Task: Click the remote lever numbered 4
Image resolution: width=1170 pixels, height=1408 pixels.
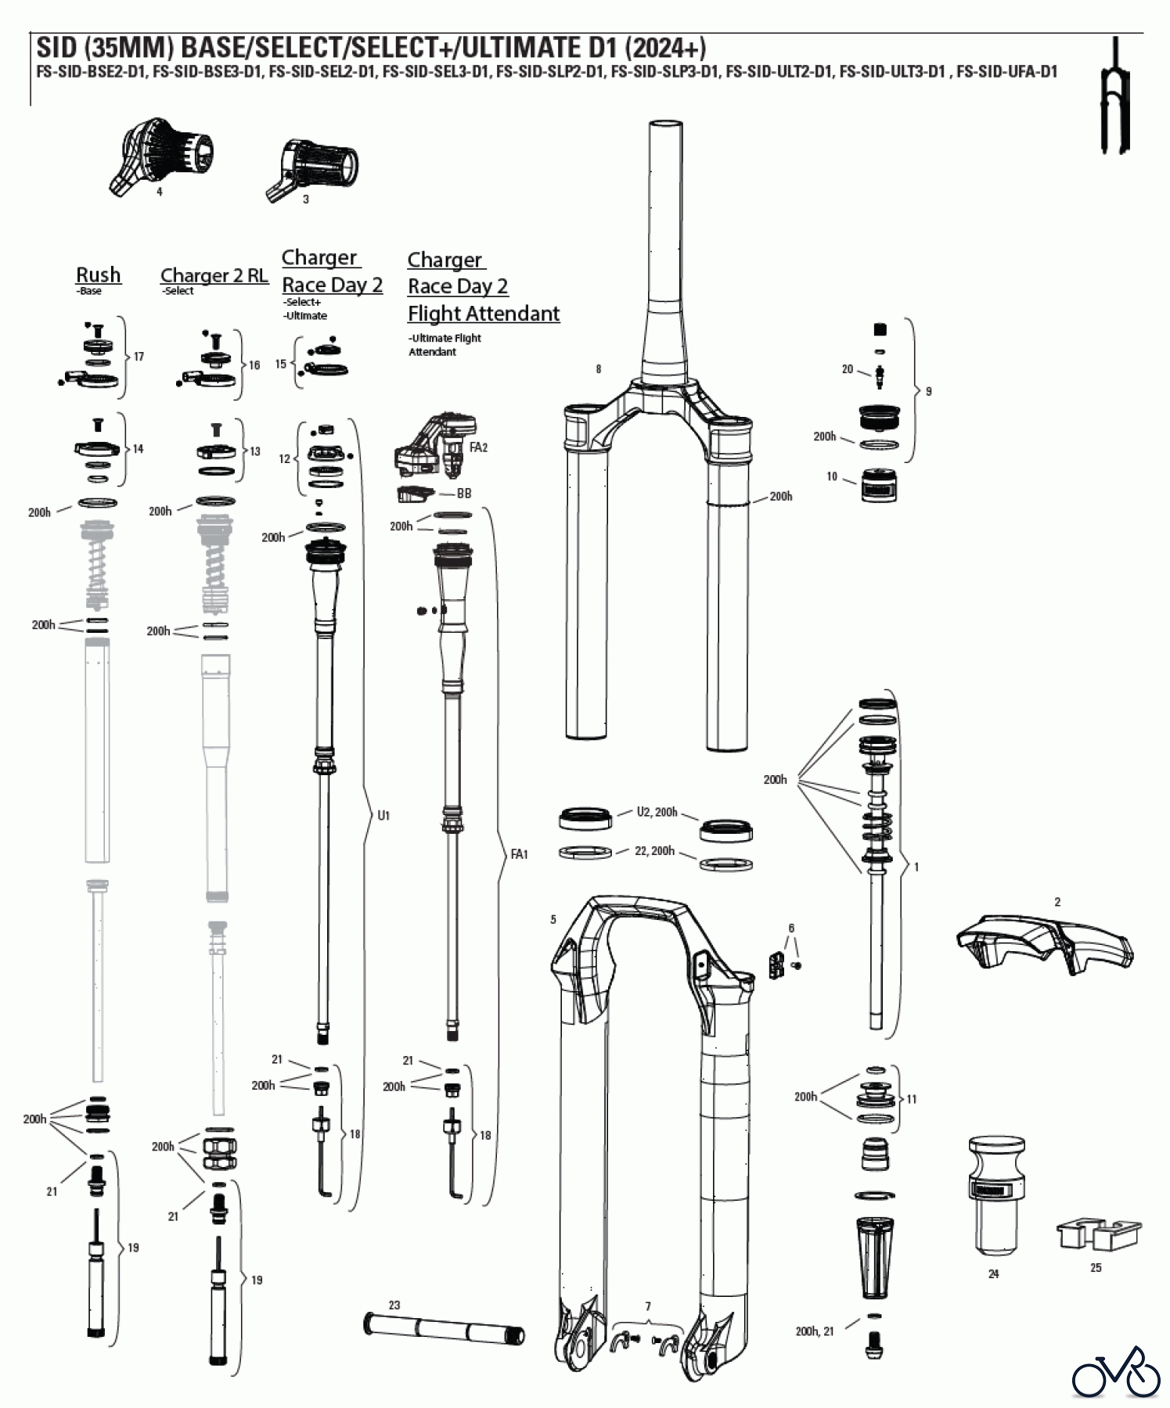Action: pos(161,156)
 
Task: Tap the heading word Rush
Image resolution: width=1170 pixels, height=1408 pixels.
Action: pos(99,275)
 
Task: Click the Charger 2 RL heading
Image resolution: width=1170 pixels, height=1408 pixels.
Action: pos(214,275)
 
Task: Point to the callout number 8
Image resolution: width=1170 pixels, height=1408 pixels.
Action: pos(599,369)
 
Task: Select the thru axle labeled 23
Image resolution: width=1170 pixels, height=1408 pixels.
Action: pos(444,1327)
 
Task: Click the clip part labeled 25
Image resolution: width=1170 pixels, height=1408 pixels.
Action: pos(1098,1234)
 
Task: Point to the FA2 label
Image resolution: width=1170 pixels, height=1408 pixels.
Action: pos(478,447)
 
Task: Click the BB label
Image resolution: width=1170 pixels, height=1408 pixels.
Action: pos(464,494)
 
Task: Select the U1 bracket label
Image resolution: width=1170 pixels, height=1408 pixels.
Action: pos(383,816)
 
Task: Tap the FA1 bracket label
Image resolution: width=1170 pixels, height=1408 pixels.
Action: pos(519,854)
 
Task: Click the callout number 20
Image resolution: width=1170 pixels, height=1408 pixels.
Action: pos(847,369)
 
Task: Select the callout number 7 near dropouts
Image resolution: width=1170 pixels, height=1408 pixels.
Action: pos(648,1307)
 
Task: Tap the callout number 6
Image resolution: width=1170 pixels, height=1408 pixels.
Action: pos(791,928)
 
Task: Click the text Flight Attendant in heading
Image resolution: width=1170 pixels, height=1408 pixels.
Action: pos(484,314)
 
